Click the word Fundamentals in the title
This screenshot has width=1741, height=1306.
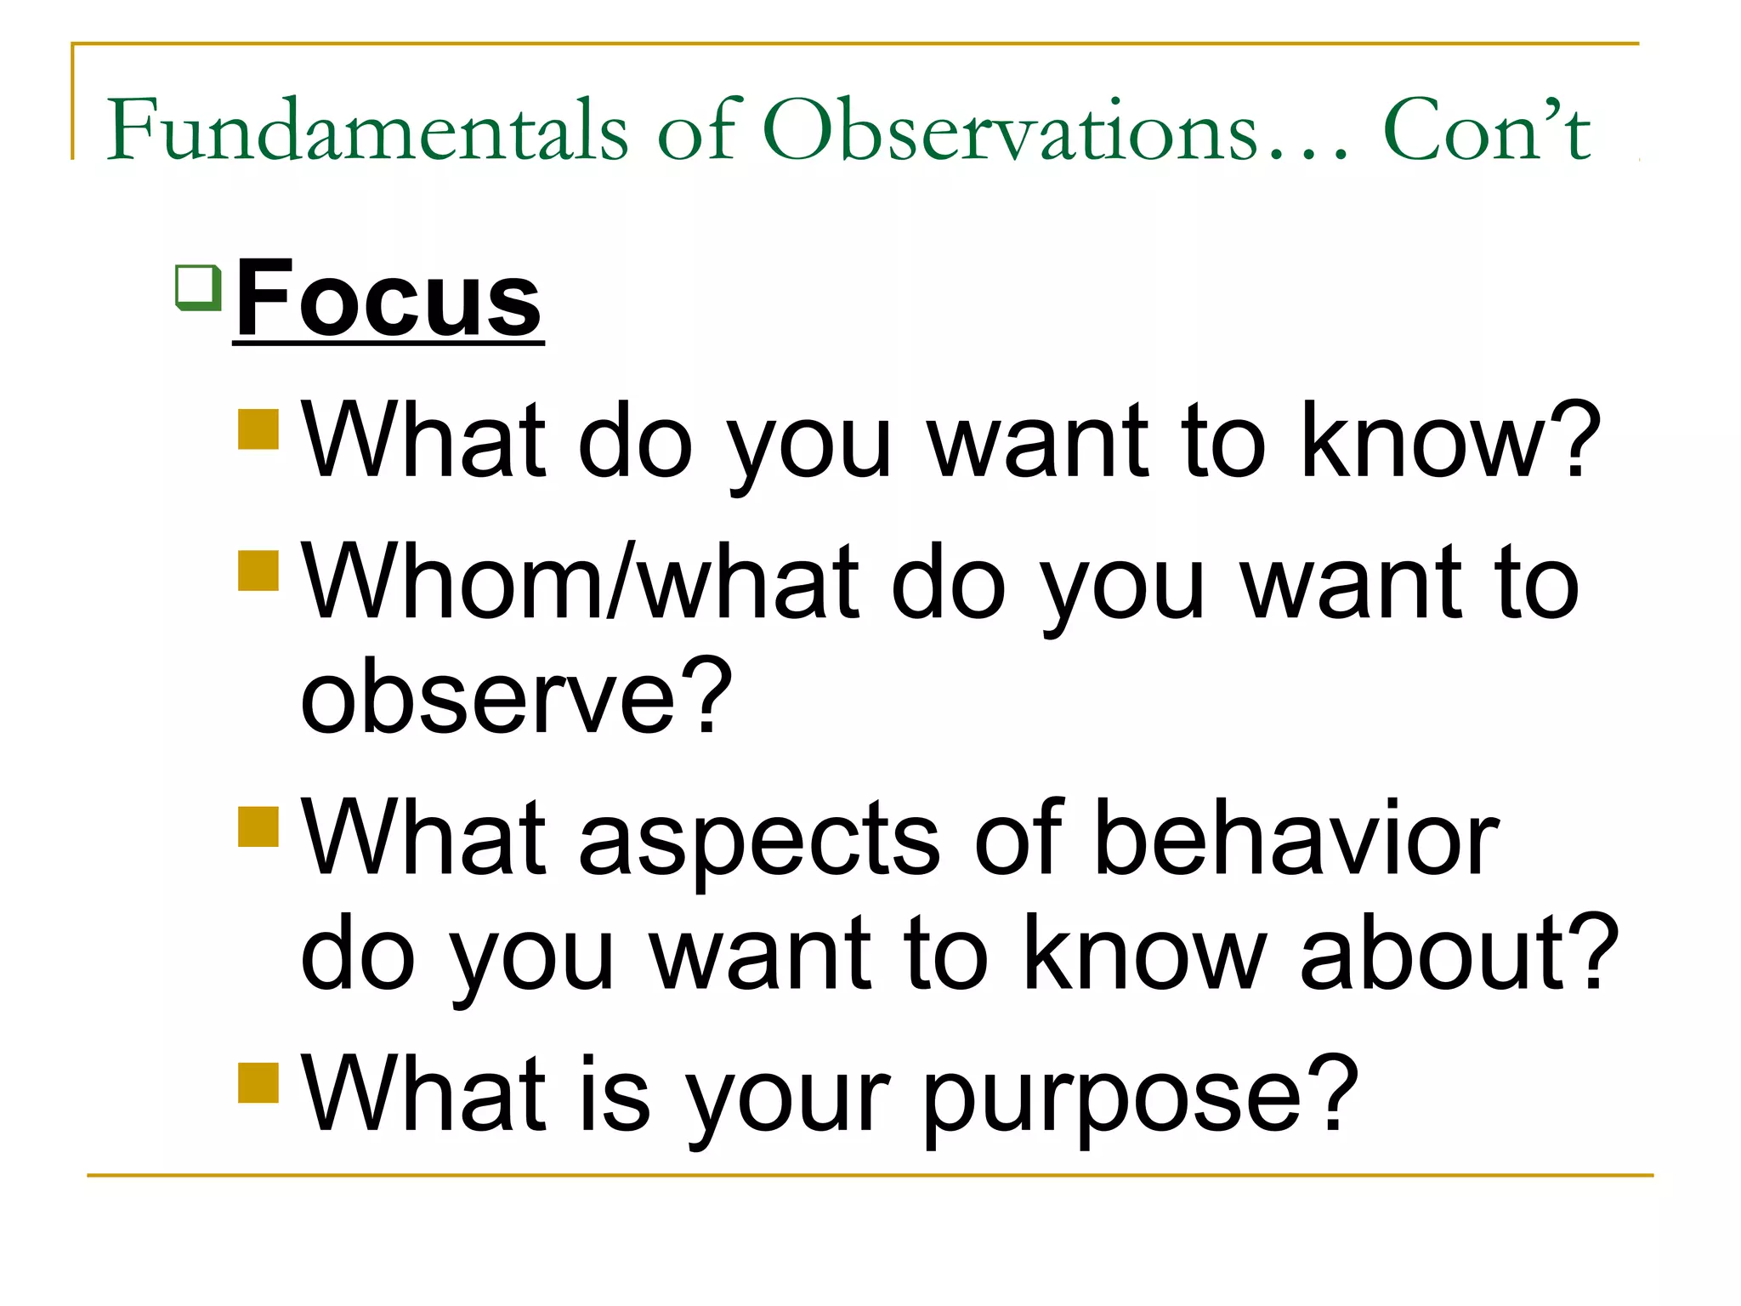point(367,130)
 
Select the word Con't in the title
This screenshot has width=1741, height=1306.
point(1488,130)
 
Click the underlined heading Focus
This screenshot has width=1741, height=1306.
point(388,299)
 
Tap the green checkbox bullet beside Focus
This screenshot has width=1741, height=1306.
point(199,287)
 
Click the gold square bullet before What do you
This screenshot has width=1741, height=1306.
point(258,429)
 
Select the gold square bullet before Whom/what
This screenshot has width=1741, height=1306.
point(258,571)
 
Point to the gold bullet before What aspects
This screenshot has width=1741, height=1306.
point(258,826)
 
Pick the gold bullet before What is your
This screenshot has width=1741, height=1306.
point(258,1082)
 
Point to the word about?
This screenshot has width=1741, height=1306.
point(1459,952)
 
